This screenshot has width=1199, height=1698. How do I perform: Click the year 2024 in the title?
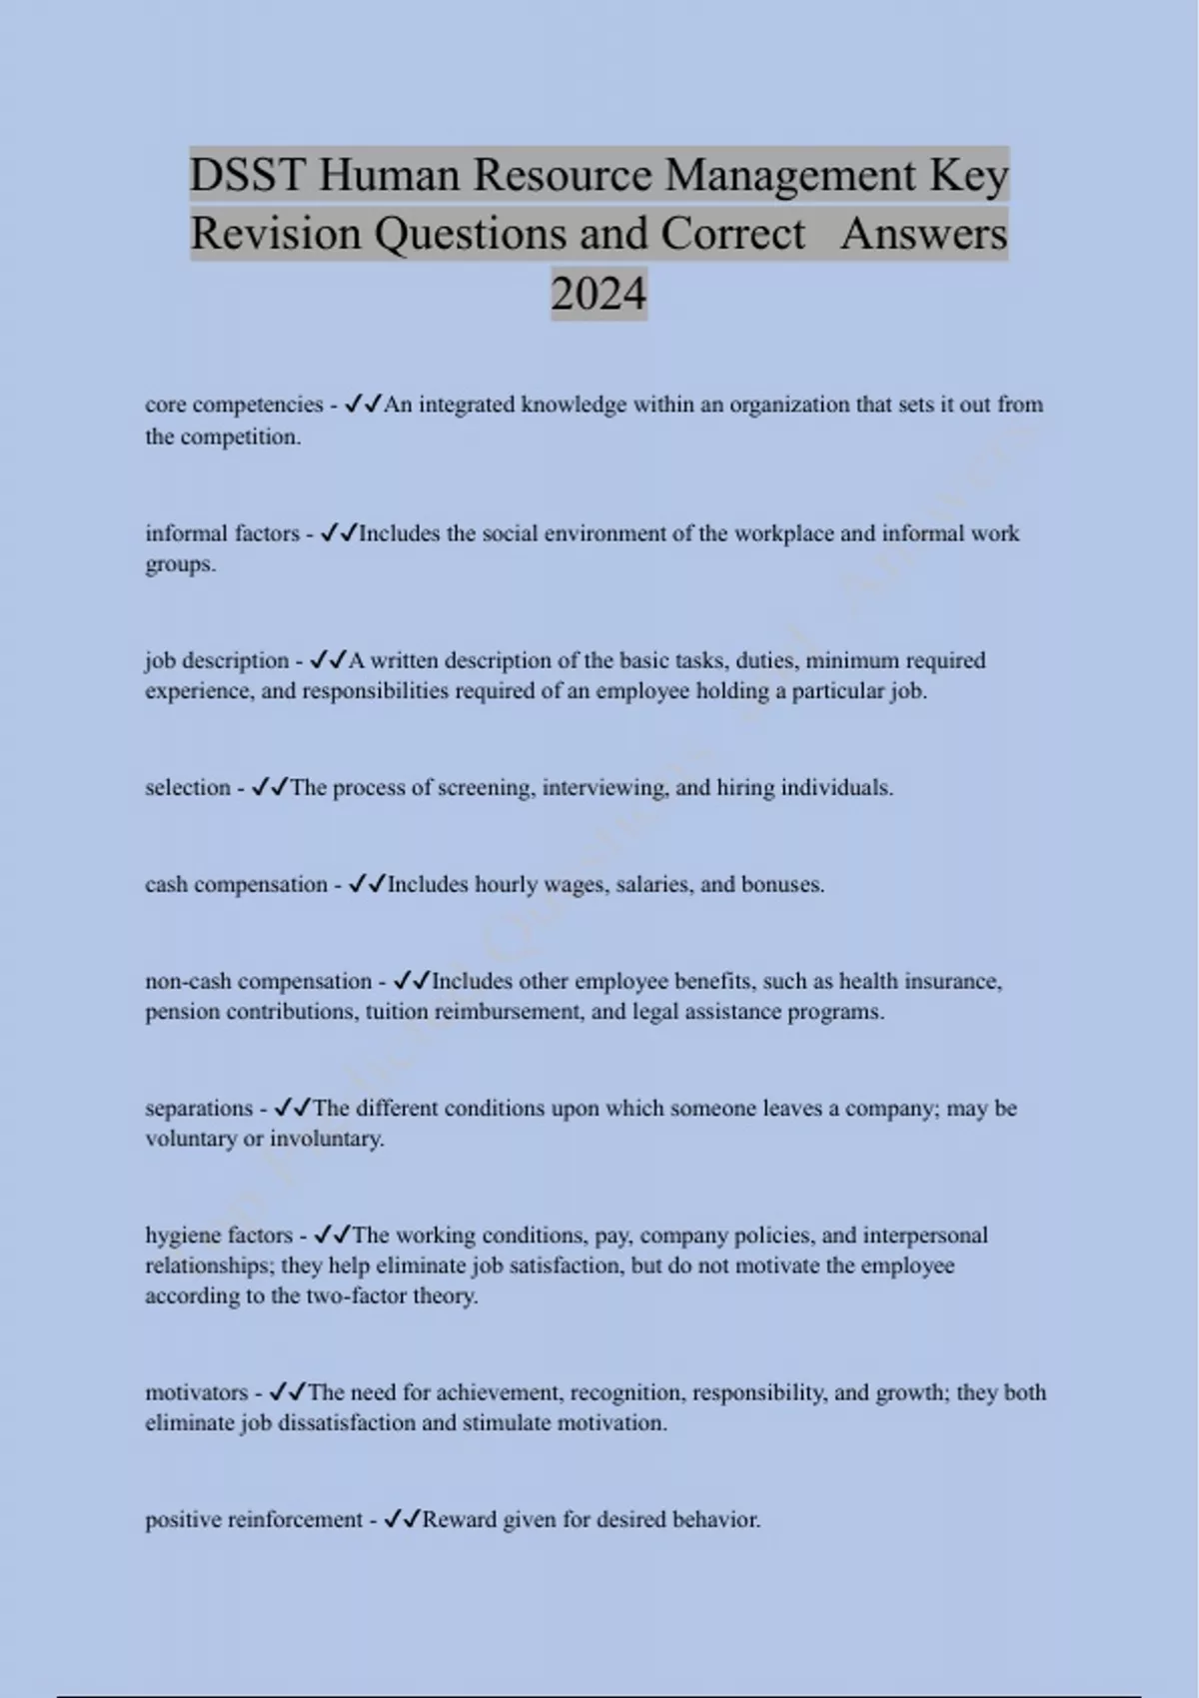pos(599,294)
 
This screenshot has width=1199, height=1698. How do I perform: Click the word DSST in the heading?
pos(247,176)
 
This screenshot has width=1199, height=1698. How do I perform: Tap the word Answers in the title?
pos(924,235)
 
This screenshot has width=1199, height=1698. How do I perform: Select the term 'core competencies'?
pos(234,405)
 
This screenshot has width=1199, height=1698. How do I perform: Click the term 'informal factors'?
pos(222,533)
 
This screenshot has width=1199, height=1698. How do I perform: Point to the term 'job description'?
pos(217,660)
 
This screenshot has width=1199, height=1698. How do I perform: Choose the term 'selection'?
pos(188,787)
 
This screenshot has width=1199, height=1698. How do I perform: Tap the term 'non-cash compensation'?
pos(258,981)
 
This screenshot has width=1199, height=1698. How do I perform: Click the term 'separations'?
pos(199,1108)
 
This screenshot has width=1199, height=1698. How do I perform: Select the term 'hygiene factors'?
pos(219,1235)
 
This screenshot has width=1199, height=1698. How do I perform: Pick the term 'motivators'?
pos(196,1392)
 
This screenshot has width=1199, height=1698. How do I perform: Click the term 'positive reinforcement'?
pos(254,1519)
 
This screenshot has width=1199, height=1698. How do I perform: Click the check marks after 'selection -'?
pos(270,787)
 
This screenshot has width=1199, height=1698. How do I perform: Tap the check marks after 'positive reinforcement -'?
pos(402,1519)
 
